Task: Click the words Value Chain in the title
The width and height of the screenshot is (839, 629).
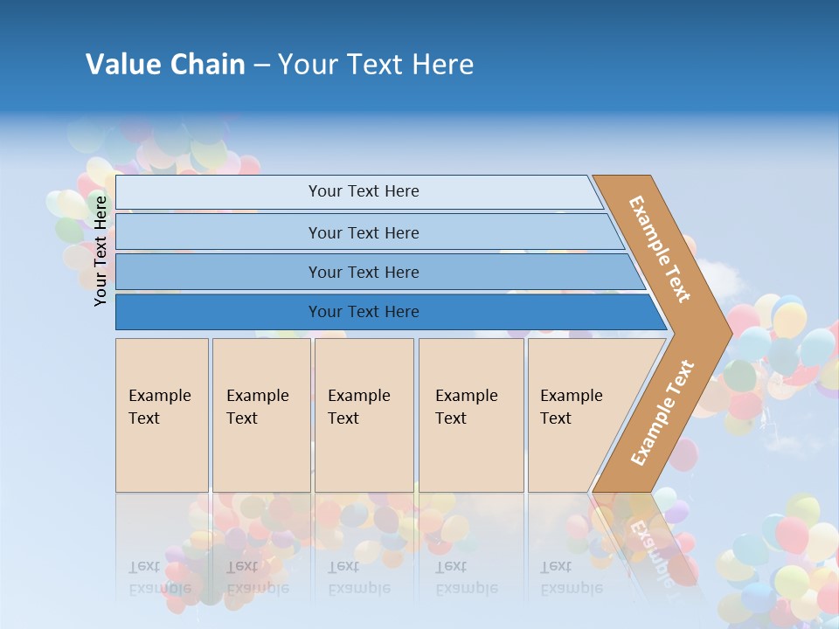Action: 165,65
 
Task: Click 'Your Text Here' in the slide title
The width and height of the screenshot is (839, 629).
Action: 376,65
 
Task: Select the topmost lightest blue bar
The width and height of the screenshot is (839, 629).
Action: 218,192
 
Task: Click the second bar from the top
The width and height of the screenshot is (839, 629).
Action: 218,232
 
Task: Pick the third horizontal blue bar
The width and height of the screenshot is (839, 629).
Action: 218,272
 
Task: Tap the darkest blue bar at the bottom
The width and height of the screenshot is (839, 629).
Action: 218,312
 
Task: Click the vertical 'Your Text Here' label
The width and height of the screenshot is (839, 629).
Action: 101,251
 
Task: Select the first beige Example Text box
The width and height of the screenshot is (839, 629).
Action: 162,415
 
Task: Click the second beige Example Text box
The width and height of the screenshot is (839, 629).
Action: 261,415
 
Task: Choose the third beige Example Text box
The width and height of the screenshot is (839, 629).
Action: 364,415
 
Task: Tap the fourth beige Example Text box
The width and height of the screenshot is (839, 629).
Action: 471,415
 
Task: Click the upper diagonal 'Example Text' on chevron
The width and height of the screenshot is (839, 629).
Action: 660,249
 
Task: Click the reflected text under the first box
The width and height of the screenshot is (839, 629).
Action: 159,577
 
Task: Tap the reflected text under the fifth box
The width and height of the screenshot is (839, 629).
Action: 571,577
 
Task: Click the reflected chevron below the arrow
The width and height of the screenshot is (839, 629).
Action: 647,542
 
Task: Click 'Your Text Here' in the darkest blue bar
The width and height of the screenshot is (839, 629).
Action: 364,312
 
